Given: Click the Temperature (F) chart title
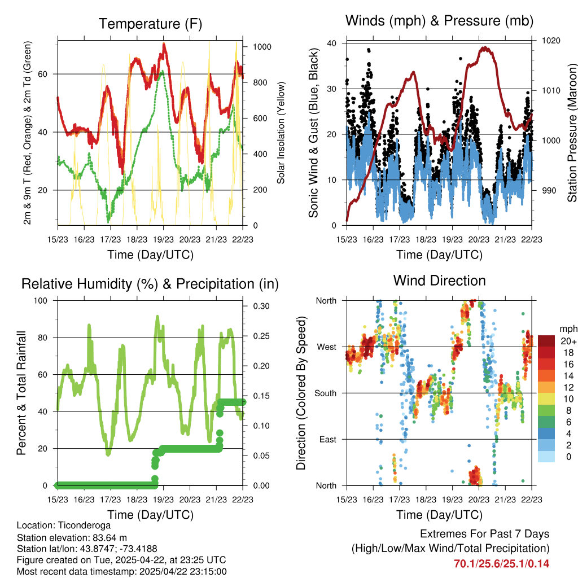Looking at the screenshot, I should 150,24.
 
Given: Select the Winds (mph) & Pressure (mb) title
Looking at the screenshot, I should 439,21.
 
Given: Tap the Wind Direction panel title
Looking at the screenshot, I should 439,281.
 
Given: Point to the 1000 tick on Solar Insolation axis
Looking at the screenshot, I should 257,47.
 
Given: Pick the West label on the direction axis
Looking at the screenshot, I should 326,347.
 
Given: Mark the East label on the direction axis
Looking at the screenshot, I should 327,439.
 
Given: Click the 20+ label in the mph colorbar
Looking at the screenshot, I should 567,341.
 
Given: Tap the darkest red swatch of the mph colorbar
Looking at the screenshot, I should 546,341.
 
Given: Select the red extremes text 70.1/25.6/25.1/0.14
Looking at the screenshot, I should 501,563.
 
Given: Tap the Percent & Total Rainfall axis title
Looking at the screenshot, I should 21,393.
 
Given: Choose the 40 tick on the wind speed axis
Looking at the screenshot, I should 332,43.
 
